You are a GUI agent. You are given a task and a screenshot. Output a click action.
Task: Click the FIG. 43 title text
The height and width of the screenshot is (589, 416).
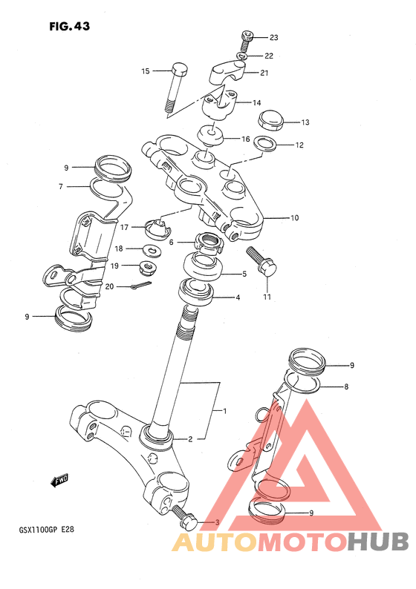click(70, 26)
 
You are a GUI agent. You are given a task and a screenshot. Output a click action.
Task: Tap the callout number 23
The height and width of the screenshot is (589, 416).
click(274, 38)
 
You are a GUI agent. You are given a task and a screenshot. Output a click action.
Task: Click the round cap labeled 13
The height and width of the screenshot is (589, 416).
click(270, 120)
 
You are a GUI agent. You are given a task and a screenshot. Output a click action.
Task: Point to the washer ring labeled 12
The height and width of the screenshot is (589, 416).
click(265, 143)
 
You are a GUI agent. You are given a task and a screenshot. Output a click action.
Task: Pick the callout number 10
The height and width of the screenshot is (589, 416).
click(294, 218)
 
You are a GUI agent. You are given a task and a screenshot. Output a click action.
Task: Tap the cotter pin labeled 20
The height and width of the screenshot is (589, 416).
click(140, 285)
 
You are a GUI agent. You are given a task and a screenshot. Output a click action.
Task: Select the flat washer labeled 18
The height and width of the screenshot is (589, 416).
click(152, 249)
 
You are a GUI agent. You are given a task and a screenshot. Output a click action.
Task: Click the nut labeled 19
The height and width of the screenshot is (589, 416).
click(148, 267)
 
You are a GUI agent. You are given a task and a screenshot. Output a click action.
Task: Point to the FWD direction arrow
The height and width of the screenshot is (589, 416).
click(59, 480)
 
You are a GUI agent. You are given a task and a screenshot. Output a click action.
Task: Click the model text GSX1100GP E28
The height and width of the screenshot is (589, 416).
click(47, 530)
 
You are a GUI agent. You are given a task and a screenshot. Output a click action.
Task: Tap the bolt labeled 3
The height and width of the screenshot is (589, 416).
click(184, 516)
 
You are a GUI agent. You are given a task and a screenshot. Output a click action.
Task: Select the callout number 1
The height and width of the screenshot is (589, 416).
click(224, 411)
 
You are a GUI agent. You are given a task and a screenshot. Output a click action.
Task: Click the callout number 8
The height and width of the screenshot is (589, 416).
click(346, 386)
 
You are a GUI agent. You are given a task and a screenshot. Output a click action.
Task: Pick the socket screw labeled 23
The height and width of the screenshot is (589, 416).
click(246, 42)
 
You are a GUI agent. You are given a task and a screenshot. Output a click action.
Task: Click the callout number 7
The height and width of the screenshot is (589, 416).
click(61, 187)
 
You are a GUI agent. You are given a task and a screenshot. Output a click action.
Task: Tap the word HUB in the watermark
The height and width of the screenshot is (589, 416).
click(377, 541)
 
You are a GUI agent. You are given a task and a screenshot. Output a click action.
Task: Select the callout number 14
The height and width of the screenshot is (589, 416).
click(256, 103)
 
